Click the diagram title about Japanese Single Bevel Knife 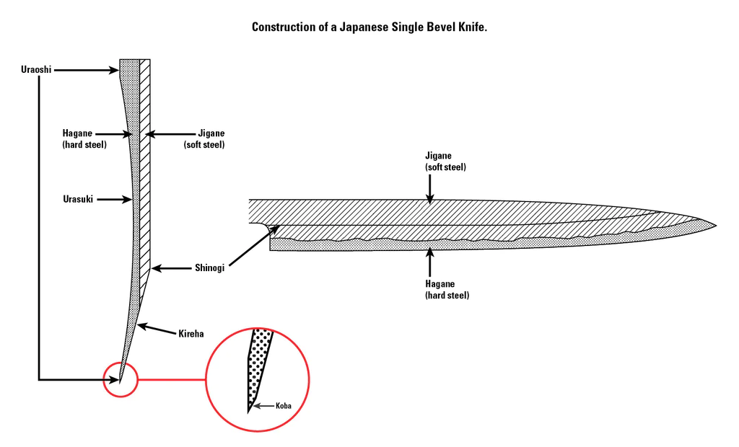(369, 27)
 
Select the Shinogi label (210, 268)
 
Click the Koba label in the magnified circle (283, 406)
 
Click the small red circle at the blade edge (120, 379)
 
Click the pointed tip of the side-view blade (714, 225)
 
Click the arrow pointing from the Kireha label (156, 329)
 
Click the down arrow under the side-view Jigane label (430, 189)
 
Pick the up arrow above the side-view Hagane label (430, 264)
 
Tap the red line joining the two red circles (171, 379)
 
